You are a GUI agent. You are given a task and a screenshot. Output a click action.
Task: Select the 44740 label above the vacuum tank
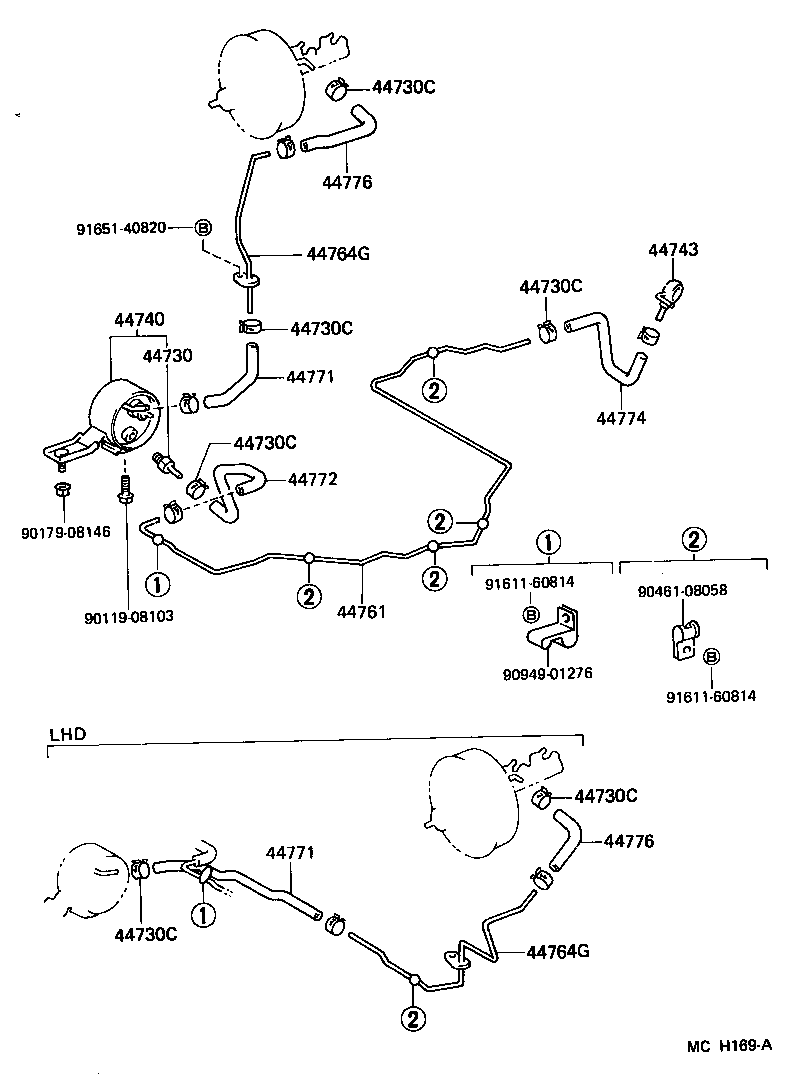tap(138, 320)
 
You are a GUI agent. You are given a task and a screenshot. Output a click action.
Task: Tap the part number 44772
tap(313, 480)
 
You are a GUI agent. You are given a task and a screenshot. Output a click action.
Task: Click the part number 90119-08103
tap(129, 616)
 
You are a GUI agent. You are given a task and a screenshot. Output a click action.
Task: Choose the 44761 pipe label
tap(361, 611)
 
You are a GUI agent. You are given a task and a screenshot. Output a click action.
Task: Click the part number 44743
tap(673, 250)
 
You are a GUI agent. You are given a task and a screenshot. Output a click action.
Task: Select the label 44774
tap(621, 418)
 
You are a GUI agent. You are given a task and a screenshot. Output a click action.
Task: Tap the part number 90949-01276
tap(547, 673)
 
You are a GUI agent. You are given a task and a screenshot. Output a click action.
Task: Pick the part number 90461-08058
tap(681, 591)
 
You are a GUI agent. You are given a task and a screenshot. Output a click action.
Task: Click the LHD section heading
tap(67, 734)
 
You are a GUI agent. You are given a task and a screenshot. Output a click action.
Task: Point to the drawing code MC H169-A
tap(729, 1046)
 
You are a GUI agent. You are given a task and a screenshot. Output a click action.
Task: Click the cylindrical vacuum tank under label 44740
tap(118, 417)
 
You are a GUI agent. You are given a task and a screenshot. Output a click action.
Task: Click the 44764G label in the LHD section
tap(557, 951)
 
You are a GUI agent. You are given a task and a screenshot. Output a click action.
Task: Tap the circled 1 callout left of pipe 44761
tap(157, 583)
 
